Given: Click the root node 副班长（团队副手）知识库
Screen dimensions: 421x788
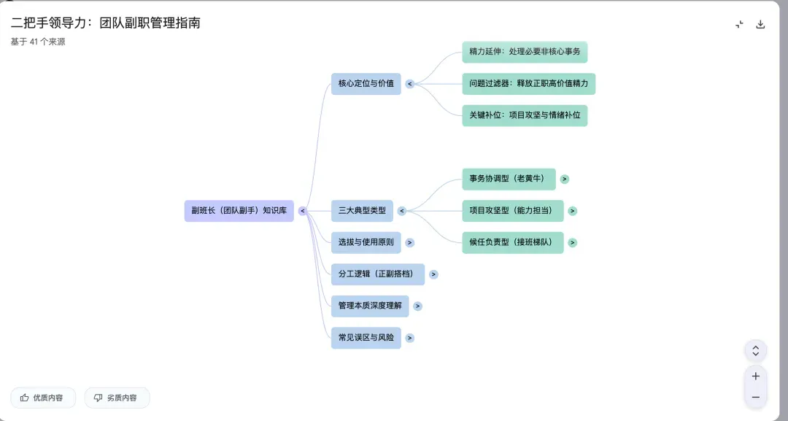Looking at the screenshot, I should coord(239,211).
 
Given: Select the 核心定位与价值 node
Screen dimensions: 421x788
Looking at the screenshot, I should coord(366,84).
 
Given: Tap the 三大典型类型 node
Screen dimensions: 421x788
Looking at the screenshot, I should coord(362,211).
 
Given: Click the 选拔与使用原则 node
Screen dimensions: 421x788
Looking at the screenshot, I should coord(366,242).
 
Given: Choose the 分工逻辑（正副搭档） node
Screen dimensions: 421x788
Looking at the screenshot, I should coord(377,274).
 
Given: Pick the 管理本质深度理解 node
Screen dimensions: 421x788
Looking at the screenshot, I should coord(370,306).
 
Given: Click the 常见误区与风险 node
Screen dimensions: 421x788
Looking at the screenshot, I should coord(366,338).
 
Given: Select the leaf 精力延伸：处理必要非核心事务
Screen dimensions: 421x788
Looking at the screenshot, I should coord(525,53).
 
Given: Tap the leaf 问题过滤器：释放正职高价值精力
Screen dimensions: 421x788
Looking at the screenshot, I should coord(528,84).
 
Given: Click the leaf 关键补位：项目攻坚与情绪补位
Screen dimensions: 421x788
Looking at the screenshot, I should coord(525,115).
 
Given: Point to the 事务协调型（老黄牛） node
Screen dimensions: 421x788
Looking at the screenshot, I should coord(509,179).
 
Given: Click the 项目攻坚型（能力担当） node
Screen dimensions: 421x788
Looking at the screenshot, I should coord(512,211).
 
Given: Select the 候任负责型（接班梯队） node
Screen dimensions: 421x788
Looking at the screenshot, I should coord(512,242).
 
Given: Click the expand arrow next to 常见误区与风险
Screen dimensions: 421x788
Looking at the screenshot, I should coord(410,338).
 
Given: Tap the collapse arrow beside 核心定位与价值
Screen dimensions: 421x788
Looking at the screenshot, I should coord(410,84).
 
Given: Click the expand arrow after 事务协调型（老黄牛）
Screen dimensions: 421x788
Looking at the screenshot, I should coord(565,179).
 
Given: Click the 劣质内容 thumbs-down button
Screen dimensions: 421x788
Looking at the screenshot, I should coord(117,398).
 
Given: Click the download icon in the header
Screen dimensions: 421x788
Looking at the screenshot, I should coord(760,24).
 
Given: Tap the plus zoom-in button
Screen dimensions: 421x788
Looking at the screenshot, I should coord(755,376).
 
